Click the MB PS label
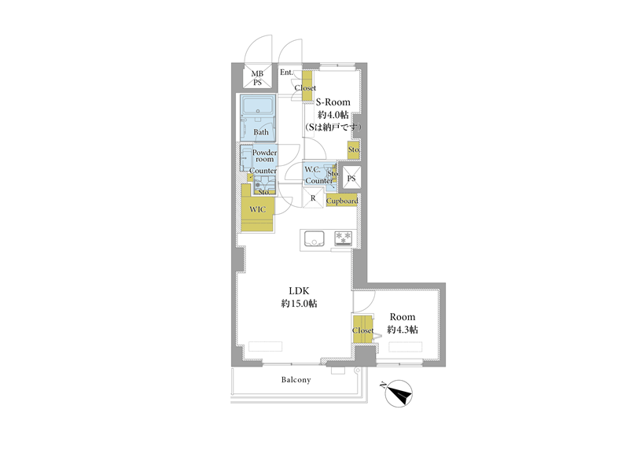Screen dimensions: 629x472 coord(257,78)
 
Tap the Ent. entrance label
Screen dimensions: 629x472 coord(286,72)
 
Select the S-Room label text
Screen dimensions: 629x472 coord(333,102)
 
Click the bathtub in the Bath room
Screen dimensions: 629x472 coord(258,106)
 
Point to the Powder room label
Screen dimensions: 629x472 coord(264,156)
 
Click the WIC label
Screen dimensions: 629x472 coord(258,209)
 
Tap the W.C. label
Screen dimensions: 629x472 coord(312,169)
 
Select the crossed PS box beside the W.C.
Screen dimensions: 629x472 coord(351,178)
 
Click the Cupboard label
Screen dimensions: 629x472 coord(342,201)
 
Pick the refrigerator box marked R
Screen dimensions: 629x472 coord(313,198)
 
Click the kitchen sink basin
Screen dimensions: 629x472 coord(314,238)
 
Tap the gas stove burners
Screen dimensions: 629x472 coord(343,238)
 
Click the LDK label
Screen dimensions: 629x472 coord(300,290)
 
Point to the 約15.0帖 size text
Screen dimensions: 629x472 coord(300,304)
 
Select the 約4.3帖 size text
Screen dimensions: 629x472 coord(403,330)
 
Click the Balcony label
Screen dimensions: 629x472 coord(296,380)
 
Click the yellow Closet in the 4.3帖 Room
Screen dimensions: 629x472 coord(362,329)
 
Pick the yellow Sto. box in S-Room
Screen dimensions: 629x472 coord(353,149)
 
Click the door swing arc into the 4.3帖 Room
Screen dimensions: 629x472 coord(369,306)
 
